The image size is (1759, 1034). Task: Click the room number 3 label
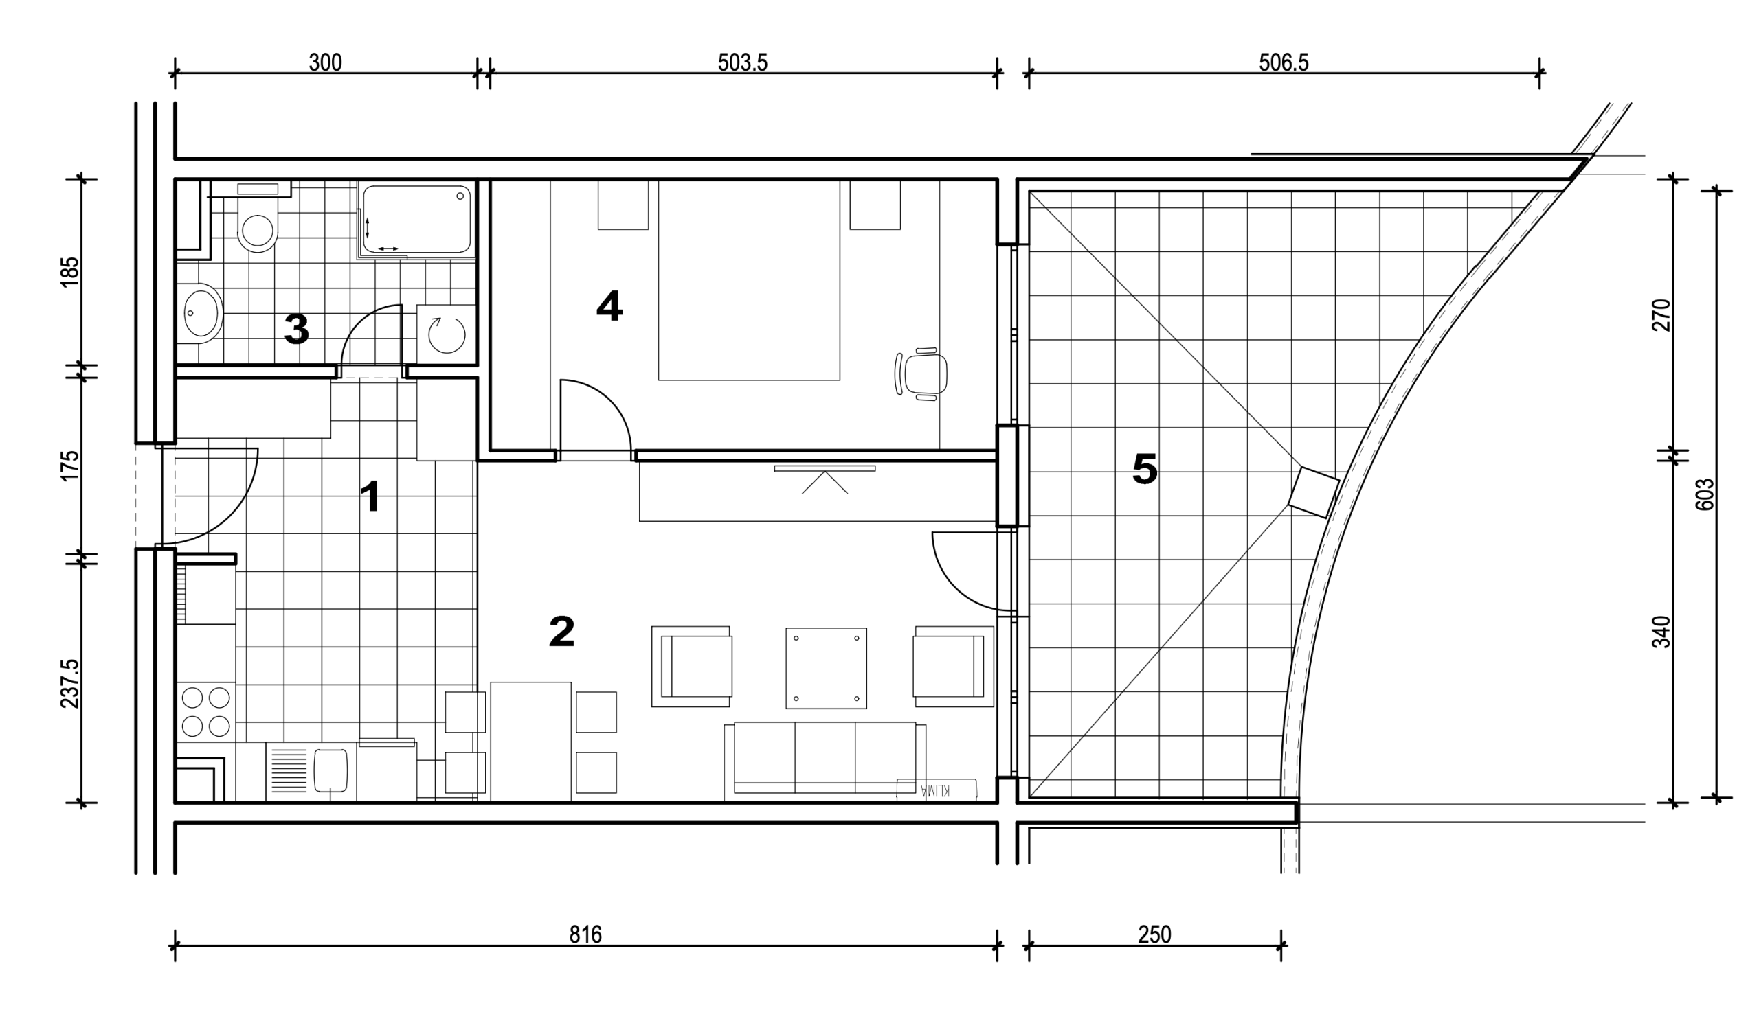pos(297,330)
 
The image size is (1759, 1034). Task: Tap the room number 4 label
pos(609,306)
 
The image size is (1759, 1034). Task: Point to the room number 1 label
pos(370,498)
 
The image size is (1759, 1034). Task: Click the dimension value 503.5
pos(743,62)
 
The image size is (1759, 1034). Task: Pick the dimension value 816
pos(585,934)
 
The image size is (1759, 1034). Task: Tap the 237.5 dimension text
pos(71,684)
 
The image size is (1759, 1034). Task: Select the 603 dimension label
pos(1704,494)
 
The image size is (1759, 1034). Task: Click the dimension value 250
pos(1154,934)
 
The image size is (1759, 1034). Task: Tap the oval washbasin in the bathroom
pos(203,313)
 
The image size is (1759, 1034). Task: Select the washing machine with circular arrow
pos(446,334)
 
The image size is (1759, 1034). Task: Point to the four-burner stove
pos(206,712)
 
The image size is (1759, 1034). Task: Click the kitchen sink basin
pos(331,771)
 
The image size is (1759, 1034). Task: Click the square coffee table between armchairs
pos(827,667)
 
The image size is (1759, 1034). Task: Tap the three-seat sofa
pos(825,761)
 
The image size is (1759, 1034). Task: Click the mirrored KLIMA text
pos(936,790)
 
